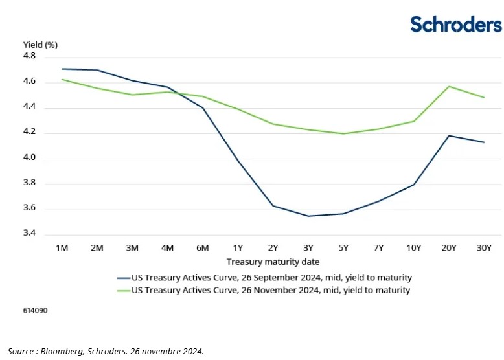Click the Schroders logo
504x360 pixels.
tap(455, 24)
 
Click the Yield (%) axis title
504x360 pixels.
tap(40, 45)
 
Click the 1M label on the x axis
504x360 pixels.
tap(62, 247)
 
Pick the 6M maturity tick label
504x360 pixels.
tap(203, 247)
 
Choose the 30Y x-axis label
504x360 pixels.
tap(484, 247)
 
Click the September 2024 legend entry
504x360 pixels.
tap(271, 277)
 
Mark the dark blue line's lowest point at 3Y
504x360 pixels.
tap(308, 216)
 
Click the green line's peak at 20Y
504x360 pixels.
tap(449, 86)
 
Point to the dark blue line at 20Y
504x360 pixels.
tap(449, 136)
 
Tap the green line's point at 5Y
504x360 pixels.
tap(343, 133)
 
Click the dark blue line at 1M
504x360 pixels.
tap(62, 69)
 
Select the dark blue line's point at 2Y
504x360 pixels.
tap(273, 206)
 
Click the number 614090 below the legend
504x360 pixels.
tap(35, 311)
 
